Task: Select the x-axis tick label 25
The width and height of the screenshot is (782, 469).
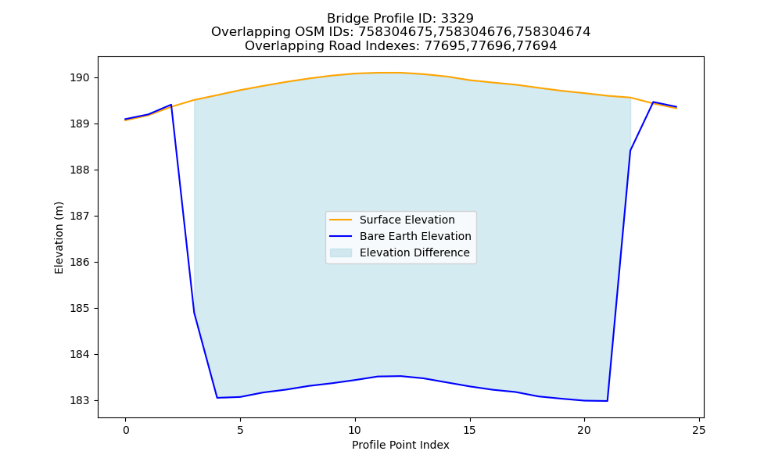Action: pyautogui.click(x=699, y=430)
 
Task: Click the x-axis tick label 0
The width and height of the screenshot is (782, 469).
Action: pyautogui.click(x=126, y=430)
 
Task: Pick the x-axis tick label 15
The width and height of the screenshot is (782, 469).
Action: pyautogui.click(x=470, y=430)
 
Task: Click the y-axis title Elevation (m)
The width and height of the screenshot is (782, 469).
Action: pyautogui.click(x=59, y=238)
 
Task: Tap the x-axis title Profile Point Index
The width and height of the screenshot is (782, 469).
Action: pyautogui.click(x=400, y=445)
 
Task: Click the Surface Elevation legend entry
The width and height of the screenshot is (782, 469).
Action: pyautogui.click(x=407, y=220)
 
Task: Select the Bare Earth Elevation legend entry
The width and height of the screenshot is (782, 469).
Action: pyautogui.click(x=415, y=236)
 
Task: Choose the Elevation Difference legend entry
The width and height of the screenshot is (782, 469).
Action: pyautogui.click(x=414, y=252)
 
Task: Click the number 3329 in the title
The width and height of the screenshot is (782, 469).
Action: pyautogui.click(x=457, y=19)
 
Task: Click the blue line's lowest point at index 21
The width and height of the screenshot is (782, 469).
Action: pyautogui.click(x=608, y=401)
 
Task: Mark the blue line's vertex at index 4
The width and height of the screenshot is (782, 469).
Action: pyautogui.click(x=217, y=398)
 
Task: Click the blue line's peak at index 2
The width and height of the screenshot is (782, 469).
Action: pyautogui.click(x=171, y=105)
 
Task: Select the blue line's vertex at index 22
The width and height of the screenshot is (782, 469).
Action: pyautogui.click(x=630, y=151)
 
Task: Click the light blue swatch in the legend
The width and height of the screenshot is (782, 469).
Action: pyautogui.click(x=341, y=252)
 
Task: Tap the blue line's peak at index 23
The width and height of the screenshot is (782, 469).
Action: pyautogui.click(x=653, y=102)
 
